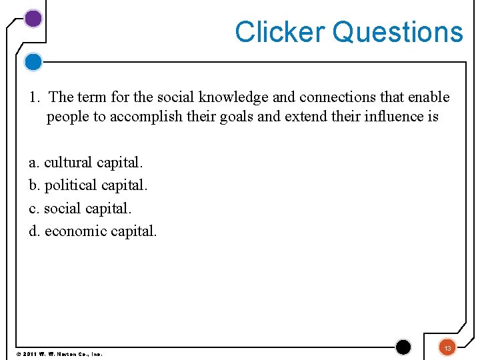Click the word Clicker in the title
click(x=279, y=32)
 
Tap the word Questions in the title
click(x=397, y=32)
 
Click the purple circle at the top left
click(x=33, y=19)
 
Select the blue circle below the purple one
click(x=33, y=62)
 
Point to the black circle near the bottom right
click(x=403, y=347)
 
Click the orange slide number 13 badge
click(x=448, y=347)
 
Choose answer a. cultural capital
click(x=86, y=162)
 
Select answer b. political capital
click(x=89, y=185)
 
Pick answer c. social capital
click(x=80, y=208)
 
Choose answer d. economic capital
click(x=93, y=231)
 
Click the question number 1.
click(x=33, y=97)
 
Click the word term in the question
click(x=92, y=97)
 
